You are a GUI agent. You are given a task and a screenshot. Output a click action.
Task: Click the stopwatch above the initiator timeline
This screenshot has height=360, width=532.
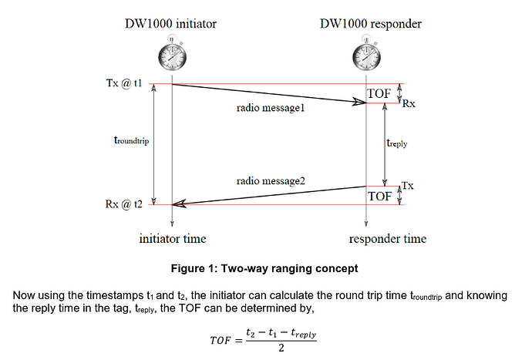171,55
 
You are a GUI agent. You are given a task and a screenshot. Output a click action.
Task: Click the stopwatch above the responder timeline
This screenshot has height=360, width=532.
365,55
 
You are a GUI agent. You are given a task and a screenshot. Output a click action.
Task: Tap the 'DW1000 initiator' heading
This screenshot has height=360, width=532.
172,24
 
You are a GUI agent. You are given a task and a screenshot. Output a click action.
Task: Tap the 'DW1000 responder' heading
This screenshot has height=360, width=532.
371,24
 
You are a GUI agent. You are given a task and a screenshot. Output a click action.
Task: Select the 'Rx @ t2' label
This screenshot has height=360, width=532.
123,204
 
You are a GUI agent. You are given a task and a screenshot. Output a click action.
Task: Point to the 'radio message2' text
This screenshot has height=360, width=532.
271,180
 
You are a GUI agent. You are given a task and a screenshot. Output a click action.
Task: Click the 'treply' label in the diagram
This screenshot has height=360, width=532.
396,143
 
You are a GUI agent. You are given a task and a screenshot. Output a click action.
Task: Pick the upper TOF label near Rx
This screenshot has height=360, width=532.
379,94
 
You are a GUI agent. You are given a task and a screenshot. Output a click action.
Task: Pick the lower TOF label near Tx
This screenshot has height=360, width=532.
379,196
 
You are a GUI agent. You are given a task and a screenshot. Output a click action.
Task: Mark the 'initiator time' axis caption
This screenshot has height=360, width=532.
173,238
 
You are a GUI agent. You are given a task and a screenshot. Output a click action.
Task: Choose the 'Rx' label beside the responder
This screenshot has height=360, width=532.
409,104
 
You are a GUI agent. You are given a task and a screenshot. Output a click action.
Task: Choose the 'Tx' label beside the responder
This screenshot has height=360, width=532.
408,186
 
